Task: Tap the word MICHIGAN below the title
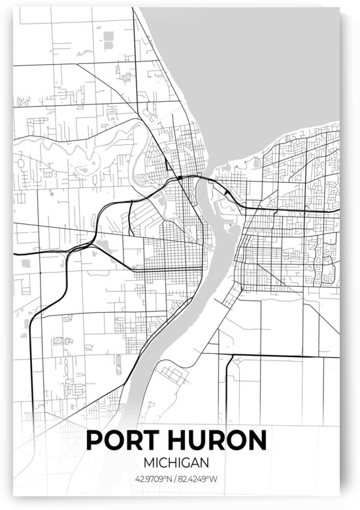pos(176,462)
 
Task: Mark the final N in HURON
pos(256,439)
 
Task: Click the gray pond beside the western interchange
pos(103,245)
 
